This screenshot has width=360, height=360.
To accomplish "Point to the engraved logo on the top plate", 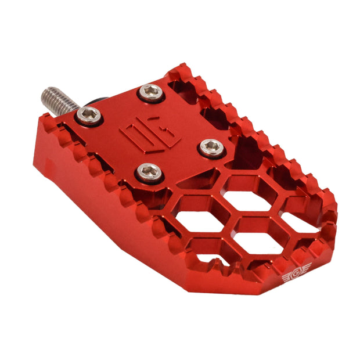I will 150,131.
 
